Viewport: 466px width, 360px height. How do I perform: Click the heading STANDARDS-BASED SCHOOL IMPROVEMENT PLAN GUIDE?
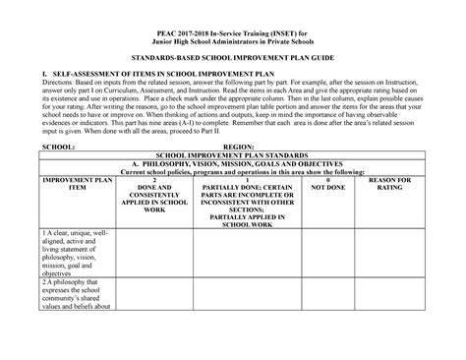pos(233,61)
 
